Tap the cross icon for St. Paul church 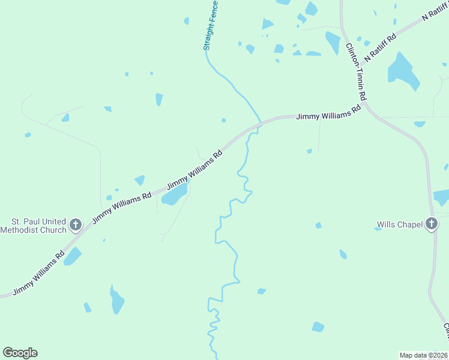[76, 225]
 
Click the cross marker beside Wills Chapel [431, 224]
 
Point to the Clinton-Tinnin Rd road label [356, 71]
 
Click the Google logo [20, 353]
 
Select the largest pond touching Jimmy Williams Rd [173, 194]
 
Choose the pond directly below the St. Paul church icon [72, 257]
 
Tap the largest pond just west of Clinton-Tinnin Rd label [333, 42]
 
